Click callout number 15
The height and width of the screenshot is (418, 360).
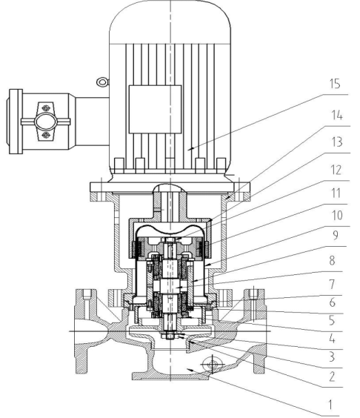[335, 84]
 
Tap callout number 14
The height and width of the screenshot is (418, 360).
[336, 116]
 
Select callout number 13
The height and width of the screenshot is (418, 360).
[336, 142]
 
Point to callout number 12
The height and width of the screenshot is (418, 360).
[336, 170]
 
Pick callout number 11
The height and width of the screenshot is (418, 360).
[336, 193]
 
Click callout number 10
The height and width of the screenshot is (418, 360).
[336, 215]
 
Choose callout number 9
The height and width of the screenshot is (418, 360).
[336, 235]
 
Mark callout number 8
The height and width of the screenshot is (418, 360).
[332, 260]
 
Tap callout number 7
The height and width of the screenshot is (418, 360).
[332, 285]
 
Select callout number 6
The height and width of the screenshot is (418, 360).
[332, 302]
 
